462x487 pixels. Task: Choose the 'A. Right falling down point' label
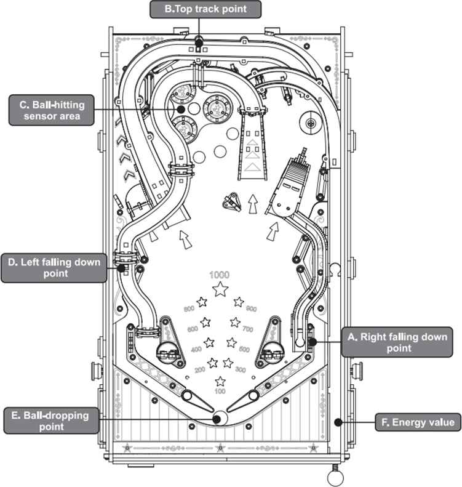coord(394,342)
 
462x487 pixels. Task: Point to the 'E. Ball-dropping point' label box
coord(51,421)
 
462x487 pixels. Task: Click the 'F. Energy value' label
coord(418,422)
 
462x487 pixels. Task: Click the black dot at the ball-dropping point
coord(217,418)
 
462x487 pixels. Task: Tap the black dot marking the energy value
coord(338,422)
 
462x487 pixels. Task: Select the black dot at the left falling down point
coord(121,268)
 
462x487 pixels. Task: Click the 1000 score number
coord(219,275)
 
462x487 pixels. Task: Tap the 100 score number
coord(220,392)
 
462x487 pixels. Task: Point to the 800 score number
coord(189,309)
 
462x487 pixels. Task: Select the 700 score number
coord(248,331)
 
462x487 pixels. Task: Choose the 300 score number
coord(241,369)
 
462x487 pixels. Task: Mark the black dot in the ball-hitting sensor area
coord(181,108)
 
